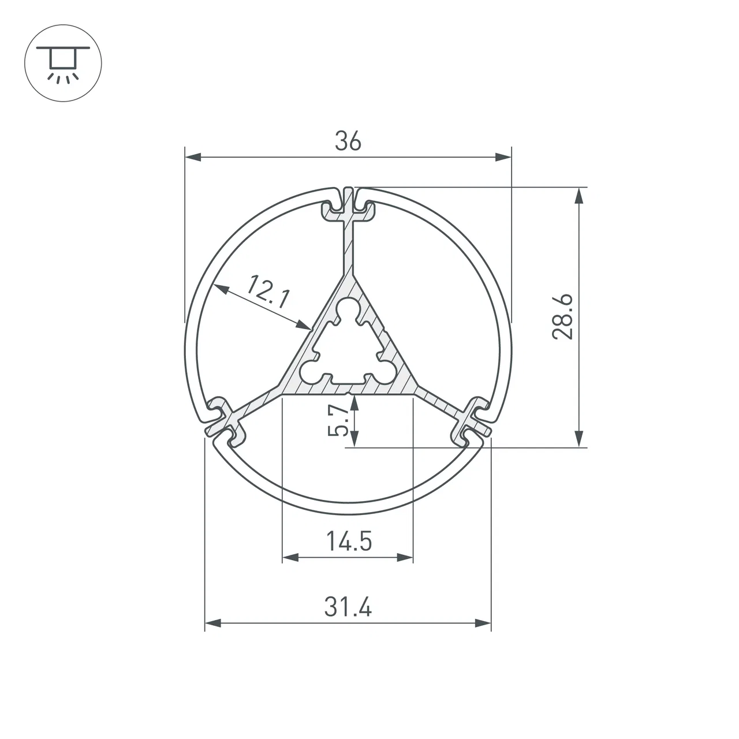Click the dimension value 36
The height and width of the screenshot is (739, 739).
click(x=348, y=141)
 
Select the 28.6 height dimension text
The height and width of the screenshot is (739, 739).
click(x=562, y=317)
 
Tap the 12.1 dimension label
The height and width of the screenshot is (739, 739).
click(x=267, y=292)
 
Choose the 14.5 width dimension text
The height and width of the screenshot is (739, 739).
click(x=349, y=541)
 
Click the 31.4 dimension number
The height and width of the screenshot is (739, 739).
click(x=348, y=607)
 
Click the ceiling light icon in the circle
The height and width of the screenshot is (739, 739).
click(x=64, y=64)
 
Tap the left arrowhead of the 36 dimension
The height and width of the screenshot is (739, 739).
click(x=193, y=157)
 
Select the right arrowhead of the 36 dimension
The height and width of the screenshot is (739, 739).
click(x=503, y=157)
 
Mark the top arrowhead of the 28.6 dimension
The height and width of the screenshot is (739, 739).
click(x=579, y=196)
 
